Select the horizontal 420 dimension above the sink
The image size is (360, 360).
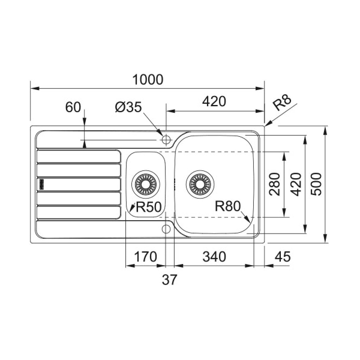pyautogui.click(x=214, y=101)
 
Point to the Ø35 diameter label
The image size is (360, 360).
pyautogui.click(x=128, y=107)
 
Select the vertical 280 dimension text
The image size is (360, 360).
pyautogui.click(x=274, y=184)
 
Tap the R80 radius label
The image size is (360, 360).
pyautogui.click(x=228, y=206)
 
